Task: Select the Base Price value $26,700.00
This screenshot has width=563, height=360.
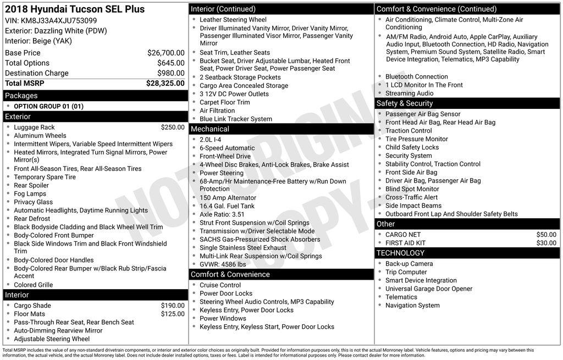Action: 165,53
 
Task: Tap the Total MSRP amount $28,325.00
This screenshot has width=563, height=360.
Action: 165,84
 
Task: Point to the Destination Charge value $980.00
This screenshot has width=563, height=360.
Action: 170,73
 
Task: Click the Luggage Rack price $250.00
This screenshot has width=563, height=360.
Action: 173,128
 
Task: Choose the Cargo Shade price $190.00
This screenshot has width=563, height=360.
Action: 173,306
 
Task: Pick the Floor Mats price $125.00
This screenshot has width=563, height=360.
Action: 173,314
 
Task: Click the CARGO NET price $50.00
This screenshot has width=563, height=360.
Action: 546,235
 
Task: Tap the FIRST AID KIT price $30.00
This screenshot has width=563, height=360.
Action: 546,243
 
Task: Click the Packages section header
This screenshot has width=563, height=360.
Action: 21,96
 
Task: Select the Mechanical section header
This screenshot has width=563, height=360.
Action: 209,129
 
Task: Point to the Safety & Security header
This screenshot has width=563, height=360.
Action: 405,103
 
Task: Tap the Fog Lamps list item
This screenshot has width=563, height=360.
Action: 30,193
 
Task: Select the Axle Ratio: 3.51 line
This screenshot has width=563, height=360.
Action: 222,214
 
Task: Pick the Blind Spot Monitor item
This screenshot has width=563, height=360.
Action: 412,189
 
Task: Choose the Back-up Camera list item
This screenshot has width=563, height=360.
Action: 409,264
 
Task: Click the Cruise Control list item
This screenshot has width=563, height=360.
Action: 220,285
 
